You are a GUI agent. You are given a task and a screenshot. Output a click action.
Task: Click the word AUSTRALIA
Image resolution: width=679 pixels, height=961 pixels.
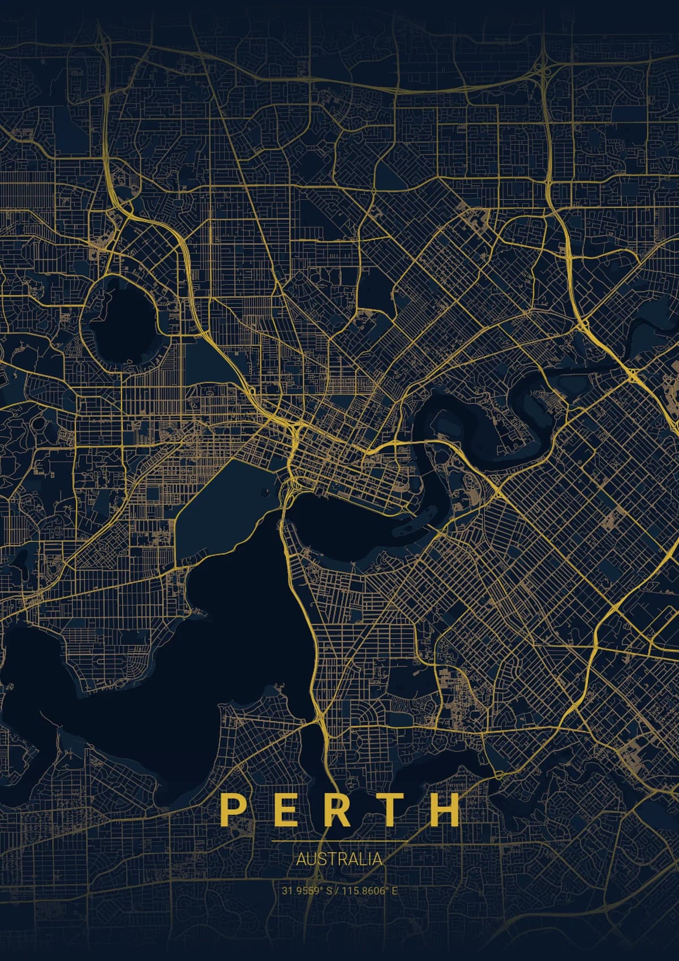339,859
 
